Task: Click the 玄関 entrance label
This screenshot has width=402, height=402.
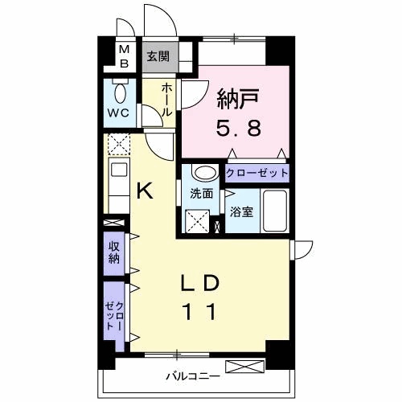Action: (x=158, y=56)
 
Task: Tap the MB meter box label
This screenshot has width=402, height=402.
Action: (x=124, y=56)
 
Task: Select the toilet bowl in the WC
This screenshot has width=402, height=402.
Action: (x=120, y=92)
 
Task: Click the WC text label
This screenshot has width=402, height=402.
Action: (x=118, y=113)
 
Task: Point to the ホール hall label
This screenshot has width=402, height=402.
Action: (x=166, y=100)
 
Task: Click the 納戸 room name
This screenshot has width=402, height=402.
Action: (x=238, y=99)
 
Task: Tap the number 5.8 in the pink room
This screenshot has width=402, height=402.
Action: (x=238, y=128)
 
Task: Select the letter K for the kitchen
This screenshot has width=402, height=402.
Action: (x=145, y=191)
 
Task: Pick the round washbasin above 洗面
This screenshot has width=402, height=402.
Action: (x=205, y=173)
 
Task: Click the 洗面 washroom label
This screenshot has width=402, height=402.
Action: (x=202, y=194)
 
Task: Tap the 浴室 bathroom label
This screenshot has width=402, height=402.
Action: (x=241, y=212)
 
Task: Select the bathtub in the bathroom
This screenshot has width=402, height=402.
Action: (x=274, y=211)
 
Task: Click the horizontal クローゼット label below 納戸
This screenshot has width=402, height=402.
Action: (x=256, y=174)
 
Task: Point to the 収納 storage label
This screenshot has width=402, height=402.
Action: (x=113, y=252)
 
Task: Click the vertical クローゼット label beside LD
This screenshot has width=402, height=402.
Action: (x=114, y=316)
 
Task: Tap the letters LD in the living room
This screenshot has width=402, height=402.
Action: (x=200, y=283)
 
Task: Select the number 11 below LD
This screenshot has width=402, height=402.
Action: (x=200, y=311)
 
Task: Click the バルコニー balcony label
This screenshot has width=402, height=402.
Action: (x=193, y=376)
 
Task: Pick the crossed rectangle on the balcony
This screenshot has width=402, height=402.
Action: (x=245, y=367)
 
